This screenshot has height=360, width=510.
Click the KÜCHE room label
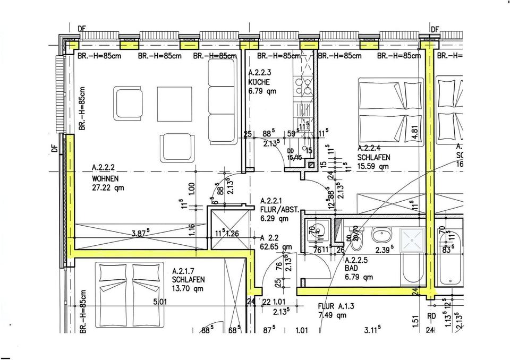259,83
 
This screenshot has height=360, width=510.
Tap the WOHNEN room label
105,178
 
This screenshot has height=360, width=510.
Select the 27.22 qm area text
108,187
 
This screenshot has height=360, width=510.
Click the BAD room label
352,269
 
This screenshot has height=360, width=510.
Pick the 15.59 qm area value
373,166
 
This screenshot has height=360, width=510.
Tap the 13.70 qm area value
188,289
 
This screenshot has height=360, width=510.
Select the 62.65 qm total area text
276,246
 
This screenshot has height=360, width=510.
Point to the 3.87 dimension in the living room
140,233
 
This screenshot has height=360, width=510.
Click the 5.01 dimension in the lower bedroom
160,302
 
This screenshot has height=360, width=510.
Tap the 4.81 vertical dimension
416,132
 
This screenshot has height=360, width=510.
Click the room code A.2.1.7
185,271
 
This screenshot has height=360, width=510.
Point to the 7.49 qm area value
332,315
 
